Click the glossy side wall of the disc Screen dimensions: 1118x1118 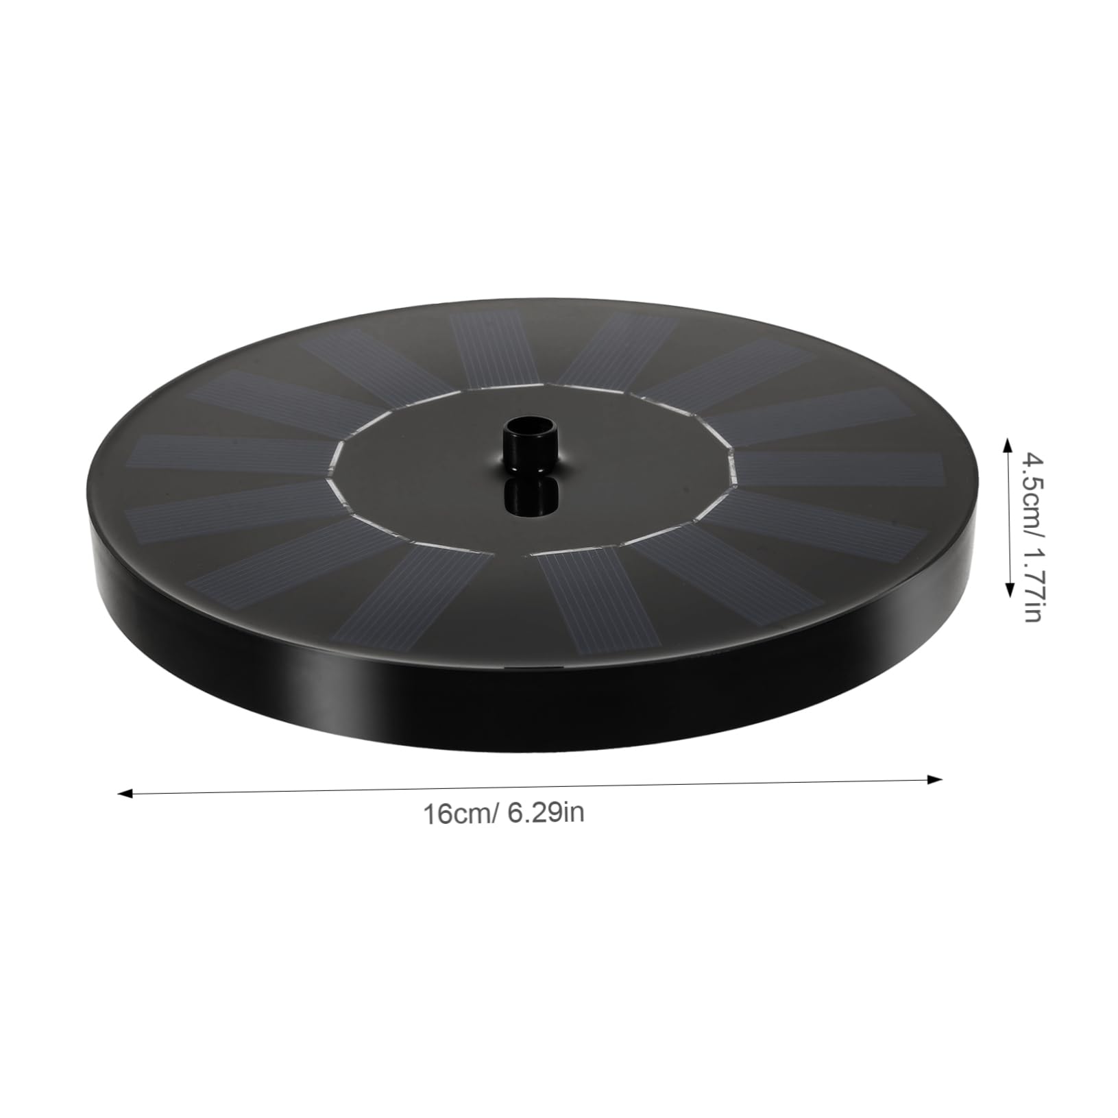pyautogui.click(x=548, y=706)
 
